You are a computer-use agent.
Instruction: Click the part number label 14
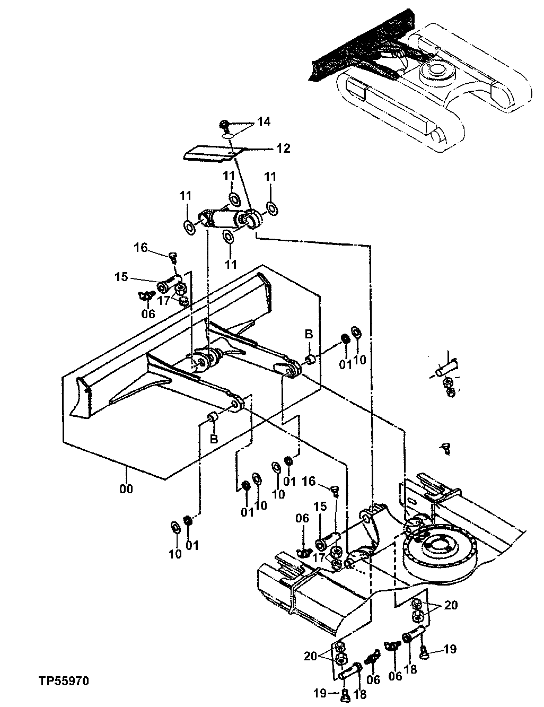[x=263, y=122]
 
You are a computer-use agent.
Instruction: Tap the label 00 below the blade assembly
[x=126, y=488]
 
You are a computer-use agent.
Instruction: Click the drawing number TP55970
[x=63, y=679]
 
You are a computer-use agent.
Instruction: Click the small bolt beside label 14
[x=225, y=125]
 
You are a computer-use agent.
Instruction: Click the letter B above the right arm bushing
[x=309, y=334]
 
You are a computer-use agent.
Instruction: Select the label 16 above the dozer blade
[x=140, y=248]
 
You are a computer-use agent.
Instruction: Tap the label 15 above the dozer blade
[x=121, y=277]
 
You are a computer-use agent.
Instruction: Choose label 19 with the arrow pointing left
[x=449, y=649]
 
